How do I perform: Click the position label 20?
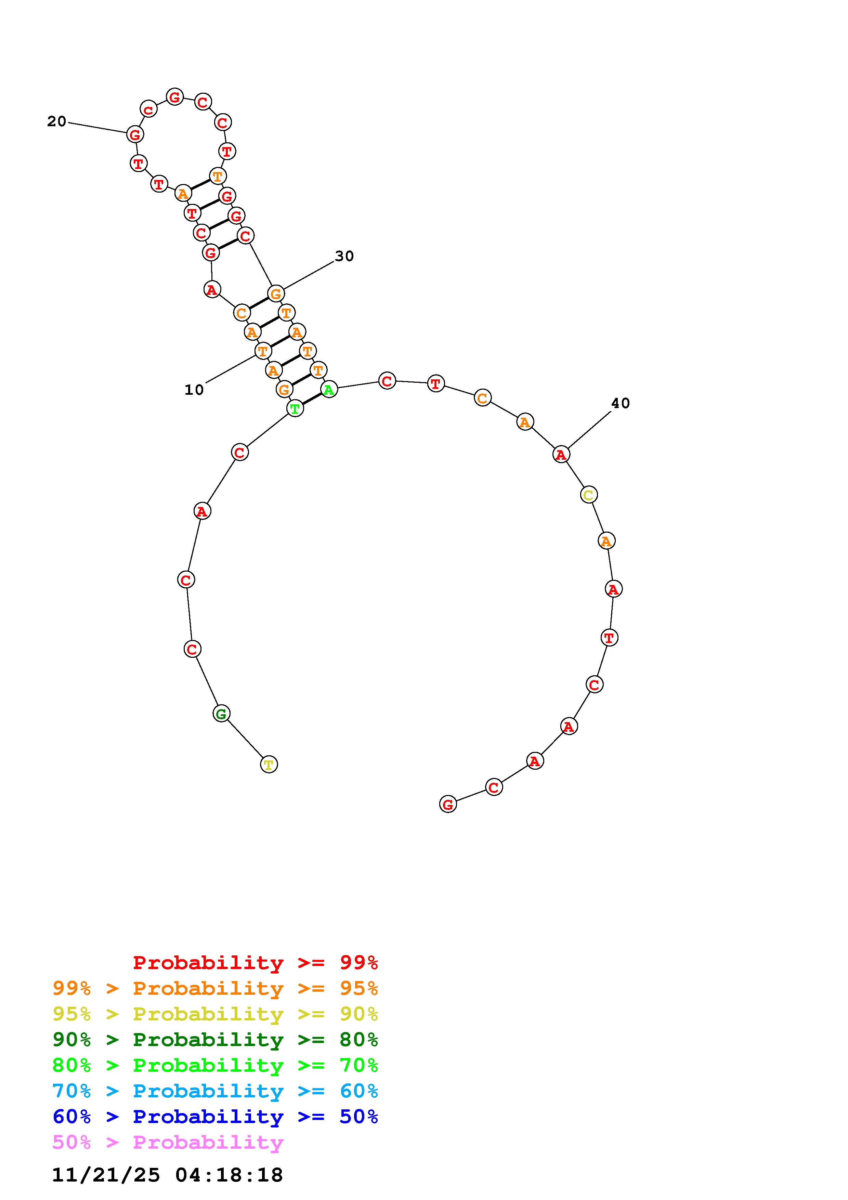(56, 122)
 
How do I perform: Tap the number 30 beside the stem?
(344, 256)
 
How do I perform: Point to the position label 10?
(194, 390)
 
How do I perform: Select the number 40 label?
(621, 403)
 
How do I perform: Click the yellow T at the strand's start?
(269, 765)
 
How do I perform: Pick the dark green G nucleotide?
(222, 714)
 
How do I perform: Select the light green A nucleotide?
(329, 389)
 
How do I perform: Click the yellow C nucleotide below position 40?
(589, 494)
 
